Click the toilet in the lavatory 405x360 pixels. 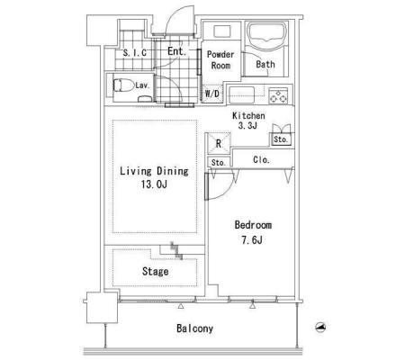click(x=123, y=85)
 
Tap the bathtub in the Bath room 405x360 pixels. click(x=266, y=36)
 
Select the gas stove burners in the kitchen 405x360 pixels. click(x=278, y=95)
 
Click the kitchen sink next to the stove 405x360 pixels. click(x=242, y=94)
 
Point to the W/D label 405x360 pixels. click(x=212, y=94)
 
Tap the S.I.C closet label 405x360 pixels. click(x=135, y=53)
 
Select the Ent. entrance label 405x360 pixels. click(x=176, y=51)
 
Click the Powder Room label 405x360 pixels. click(x=220, y=60)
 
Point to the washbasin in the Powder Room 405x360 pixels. click(x=222, y=31)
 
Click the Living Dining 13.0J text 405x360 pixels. click(x=154, y=177)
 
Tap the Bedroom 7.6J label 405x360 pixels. click(x=253, y=232)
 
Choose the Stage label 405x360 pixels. click(x=155, y=272)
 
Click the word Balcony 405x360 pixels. click(x=195, y=328)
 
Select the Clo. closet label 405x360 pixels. click(x=261, y=159)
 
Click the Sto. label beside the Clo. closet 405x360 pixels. click(x=218, y=163)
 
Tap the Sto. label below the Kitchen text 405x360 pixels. click(x=281, y=139)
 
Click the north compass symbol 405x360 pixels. click(x=321, y=327)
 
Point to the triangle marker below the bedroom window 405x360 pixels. click(x=253, y=306)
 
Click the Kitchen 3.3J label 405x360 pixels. click(x=248, y=121)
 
